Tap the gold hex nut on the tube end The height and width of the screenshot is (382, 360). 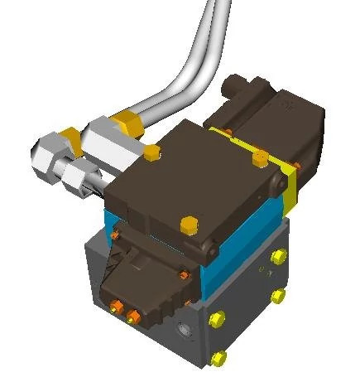click(x=129, y=123)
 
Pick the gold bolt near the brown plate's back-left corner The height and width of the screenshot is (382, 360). click(x=151, y=152)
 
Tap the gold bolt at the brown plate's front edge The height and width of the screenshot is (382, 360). click(x=189, y=225)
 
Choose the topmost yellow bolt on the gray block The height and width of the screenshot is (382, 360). click(x=276, y=257)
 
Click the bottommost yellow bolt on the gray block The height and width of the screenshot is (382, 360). click(x=218, y=358)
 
